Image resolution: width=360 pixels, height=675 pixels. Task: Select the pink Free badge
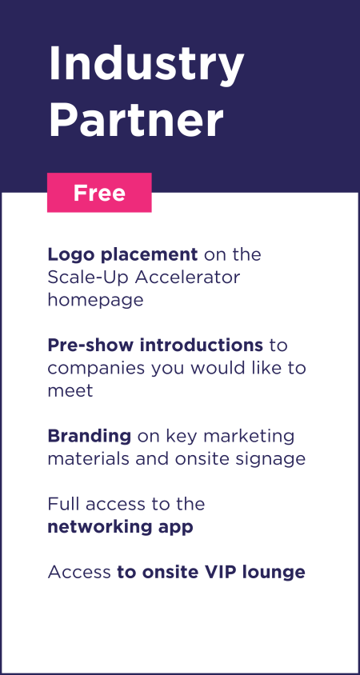99,193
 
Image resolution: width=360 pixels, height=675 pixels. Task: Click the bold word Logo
71,255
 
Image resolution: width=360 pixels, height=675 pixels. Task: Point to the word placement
149,256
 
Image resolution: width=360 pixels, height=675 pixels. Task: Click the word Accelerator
187,278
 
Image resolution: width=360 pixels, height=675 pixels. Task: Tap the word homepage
95,301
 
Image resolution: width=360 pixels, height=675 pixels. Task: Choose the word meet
70,391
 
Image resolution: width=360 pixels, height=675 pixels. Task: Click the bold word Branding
89,437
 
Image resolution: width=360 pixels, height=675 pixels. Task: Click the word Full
63,504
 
